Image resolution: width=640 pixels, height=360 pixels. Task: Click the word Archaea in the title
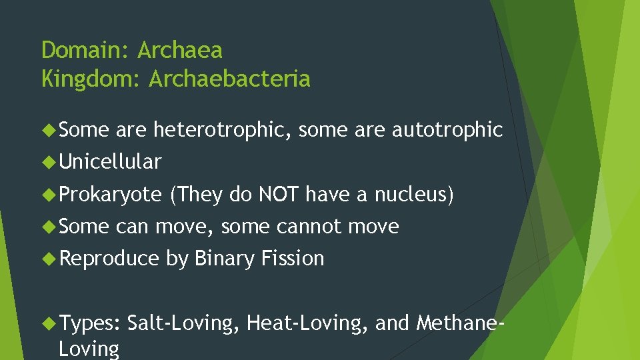pyautogui.click(x=180, y=50)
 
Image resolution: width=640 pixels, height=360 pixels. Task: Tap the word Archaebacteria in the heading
pyautogui.click(x=229, y=79)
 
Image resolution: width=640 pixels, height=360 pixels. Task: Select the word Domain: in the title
pyautogui.click(x=86, y=50)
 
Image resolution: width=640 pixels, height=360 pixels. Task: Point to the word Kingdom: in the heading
pyautogui.click(x=92, y=79)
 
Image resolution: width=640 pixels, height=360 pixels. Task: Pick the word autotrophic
pyautogui.click(x=447, y=131)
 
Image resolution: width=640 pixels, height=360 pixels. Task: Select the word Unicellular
pyautogui.click(x=110, y=162)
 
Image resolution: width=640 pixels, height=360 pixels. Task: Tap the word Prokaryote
pyautogui.click(x=110, y=194)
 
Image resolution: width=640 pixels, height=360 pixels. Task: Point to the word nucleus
pyautogui.click(x=411, y=194)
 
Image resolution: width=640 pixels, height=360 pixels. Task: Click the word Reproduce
pyautogui.click(x=109, y=259)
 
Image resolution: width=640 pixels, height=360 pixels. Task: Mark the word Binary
pyautogui.click(x=225, y=259)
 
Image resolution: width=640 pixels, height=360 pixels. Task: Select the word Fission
pyautogui.click(x=293, y=259)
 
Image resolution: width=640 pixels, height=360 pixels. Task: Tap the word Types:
pyautogui.click(x=90, y=323)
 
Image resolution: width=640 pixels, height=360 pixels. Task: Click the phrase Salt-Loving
pyautogui.click(x=181, y=323)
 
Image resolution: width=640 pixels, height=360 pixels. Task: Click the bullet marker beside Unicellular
pyautogui.click(x=48, y=162)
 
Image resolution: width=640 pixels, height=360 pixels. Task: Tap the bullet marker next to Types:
pyautogui.click(x=48, y=323)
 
